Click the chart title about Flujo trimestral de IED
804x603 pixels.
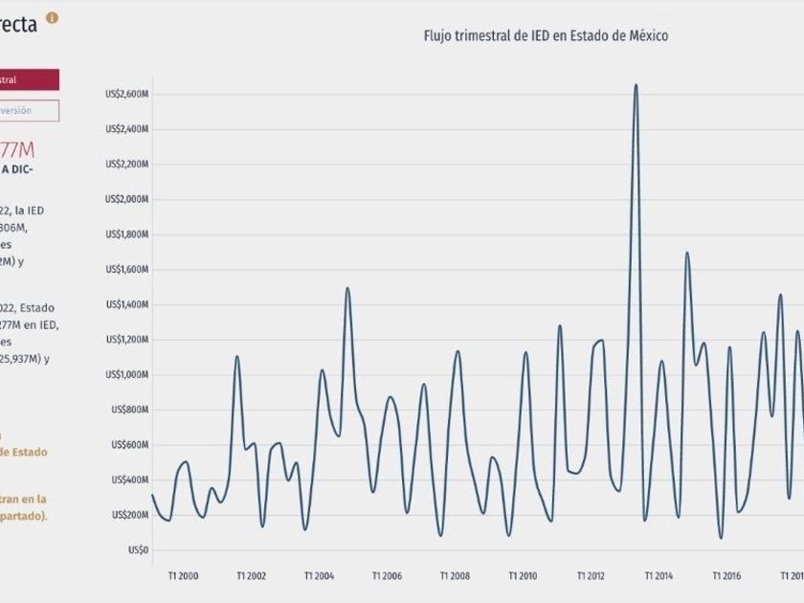click(x=546, y=36)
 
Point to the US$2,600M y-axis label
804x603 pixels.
click(x=126, y=94)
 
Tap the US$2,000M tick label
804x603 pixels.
click(x=126, y=199)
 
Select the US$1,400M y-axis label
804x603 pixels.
click(x=126, y=304)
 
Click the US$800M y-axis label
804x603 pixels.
click(x=129, y=410)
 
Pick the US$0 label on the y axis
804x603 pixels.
click(x=139, y=550)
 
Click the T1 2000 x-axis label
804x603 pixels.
click(x=183, y=576)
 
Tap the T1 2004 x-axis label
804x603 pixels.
click(x=320, y=576)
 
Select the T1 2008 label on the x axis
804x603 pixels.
click(x=456, y=576)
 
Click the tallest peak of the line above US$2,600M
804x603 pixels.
click(x=636, y=85)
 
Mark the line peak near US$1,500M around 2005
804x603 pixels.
click(x=347, y=288)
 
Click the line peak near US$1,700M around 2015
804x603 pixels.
click(x=686, y=253)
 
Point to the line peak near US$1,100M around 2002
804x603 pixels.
click(x=236, y=357)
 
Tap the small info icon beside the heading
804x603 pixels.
click(x=52, y=18)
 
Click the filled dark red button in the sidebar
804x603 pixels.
click(x=29, y=80)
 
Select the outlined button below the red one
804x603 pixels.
click(x=29, y=111)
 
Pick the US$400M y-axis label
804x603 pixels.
click(x=129, y=480)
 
